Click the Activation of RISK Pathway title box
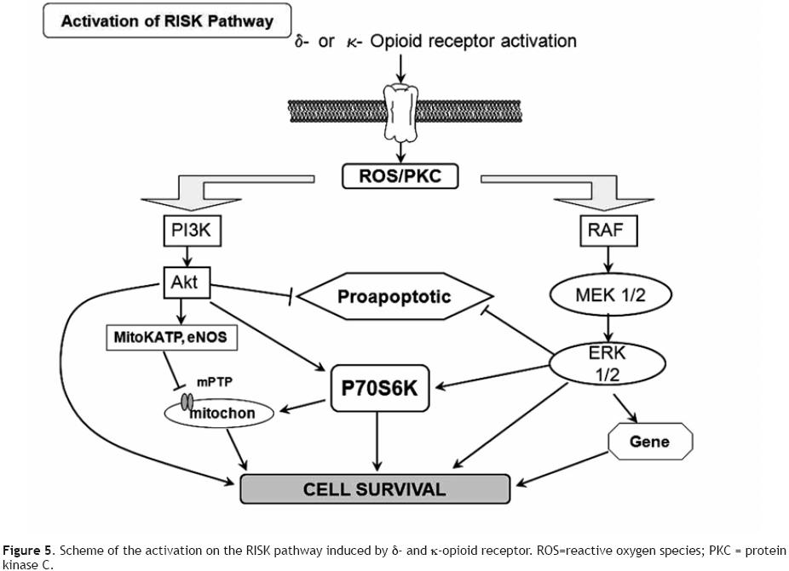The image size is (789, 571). (x=167, y=20)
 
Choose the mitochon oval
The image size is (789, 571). (x=222, y=414)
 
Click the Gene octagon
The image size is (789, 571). (x=649, y=442)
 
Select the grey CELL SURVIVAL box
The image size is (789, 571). (x=375, y=489)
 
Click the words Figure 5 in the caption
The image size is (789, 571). (x=26, y=550)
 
